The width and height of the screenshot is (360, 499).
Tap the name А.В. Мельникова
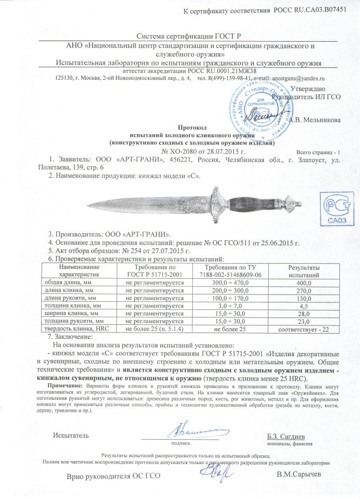303,120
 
